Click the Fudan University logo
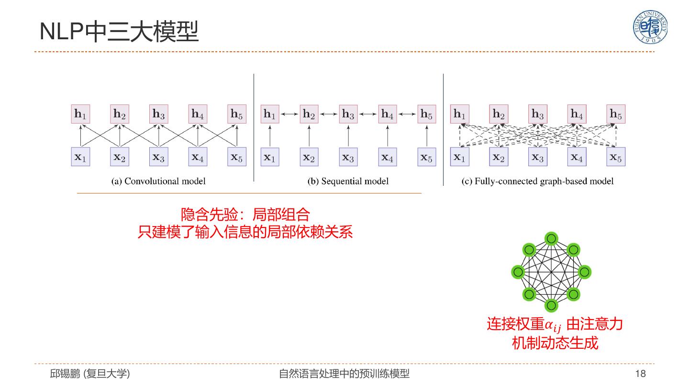[x=650, y=28]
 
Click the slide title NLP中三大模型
[x=119, y=32]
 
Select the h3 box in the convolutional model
[x=159, y=114]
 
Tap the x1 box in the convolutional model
[x=80, y=157]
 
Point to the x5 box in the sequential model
[x=426, y=157]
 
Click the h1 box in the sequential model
[x=270, y=114]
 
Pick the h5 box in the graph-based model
[x=616, y=114]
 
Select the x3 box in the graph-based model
[x=538, y=157]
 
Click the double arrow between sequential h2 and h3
[x=329, y=114]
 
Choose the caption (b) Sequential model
[x=348, y=181]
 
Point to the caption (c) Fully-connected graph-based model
[x=537, y=181]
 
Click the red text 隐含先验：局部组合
[x=245, y=214]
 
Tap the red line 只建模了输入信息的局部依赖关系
[x=245, y=232]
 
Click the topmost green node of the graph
[x=551, y=239]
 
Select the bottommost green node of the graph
[x=551, y=305]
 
